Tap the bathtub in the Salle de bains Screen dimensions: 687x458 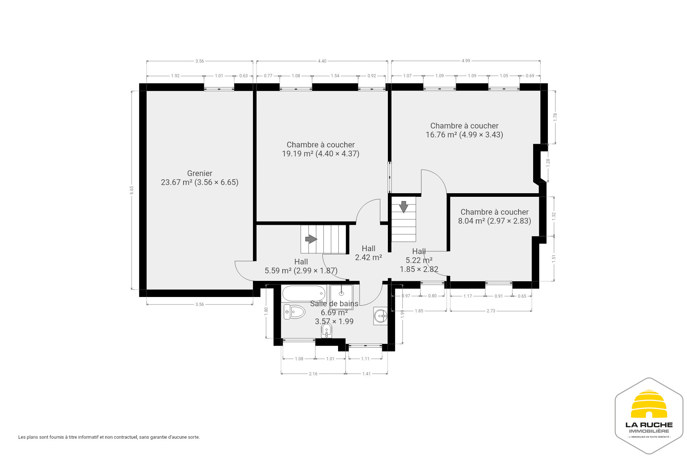pyautogui.click(x=304, y=293)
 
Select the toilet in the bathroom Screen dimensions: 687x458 pyautogui.click(x=294, y=312)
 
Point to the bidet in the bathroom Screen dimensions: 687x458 pyautogui.click(x=327, y=330)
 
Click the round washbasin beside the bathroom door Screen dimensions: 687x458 pyautogui.click(x=380, y=316)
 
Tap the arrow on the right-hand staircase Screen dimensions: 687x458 pyautogui.click(x=404, y=207)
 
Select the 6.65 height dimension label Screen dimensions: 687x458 pyautogui.click(x=132, y=190)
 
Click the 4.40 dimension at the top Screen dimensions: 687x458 pyautogui.click(x=322, y=61)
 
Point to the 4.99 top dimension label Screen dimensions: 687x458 pyautogui.click(x=466, y=61)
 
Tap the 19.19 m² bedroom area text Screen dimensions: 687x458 pyautogui.click(x=321, y=154)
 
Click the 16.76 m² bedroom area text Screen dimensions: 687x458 pyautogui.click(x=464, y=135)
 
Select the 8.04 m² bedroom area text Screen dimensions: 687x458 pyautogui.click(x=494, y=221)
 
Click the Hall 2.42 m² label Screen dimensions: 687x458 pyautogui.click(x=369, y=253)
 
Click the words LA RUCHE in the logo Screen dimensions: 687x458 pyautogui.click(x=649, y=425)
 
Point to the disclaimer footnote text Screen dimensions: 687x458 pyautogui.click(x=109, y=437)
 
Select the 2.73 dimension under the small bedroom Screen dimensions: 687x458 pyautogui.click(x=491, y=311)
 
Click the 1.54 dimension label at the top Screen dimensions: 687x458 pyautogui.click(x=335, y=76)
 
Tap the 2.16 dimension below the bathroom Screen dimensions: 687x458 pyautogui.click(x=313, y=374)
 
